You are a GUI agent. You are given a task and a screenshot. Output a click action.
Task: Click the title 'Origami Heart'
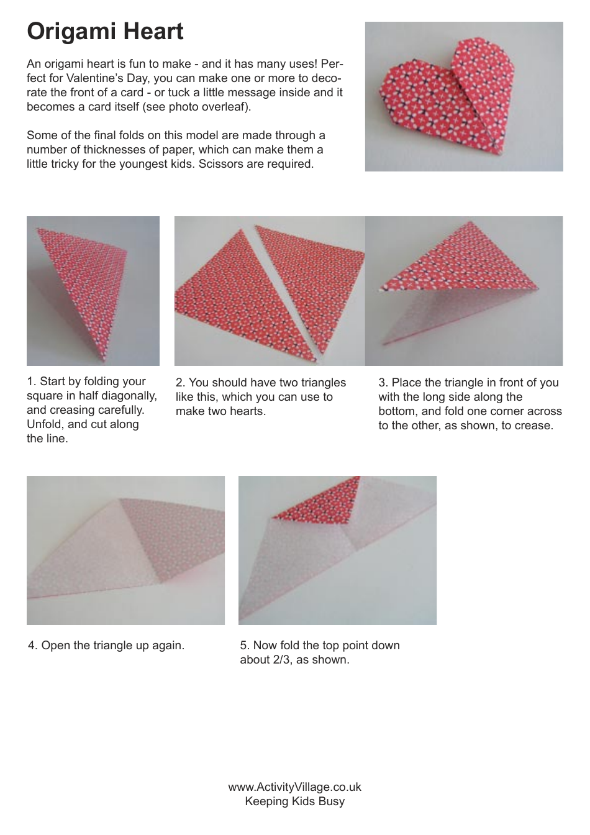[105, 31]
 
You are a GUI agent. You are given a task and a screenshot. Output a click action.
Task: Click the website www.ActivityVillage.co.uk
[294, 787]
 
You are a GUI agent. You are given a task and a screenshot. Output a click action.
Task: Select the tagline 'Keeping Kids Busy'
[294, 801]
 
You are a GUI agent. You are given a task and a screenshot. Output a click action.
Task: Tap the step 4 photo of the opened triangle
[125, 550]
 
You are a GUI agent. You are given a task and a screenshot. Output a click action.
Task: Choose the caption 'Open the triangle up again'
[112, 645]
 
